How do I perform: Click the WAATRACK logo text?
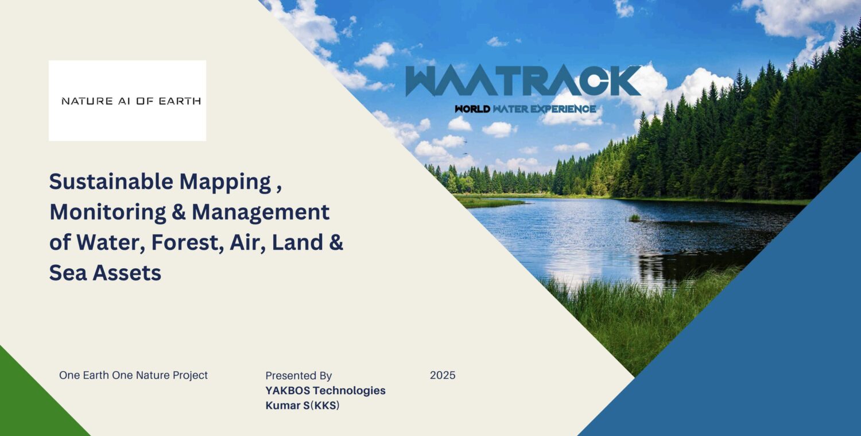pyautogui.click(x=523, y=81)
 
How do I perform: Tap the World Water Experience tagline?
pyautogui.click(x=525, y=109)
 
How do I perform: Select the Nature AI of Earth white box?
pyautogui.click(x=127, y=101)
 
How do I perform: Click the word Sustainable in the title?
pyautogui.click(x=111, y=182)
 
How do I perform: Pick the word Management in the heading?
pyautogui.click(x=261, y=212)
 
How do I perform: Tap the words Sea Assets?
pyautogui.click(x=105, y=273)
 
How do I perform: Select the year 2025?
pyautogui.click(x=443, y=375)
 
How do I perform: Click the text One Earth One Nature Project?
pyautogui.click(x=133, y=375)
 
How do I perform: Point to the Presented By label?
pyautogui.click(x=298, y=376)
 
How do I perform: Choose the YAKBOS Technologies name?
pyautogui.click(x=325, y=391)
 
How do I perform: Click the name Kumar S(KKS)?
pyautogui.click(x=302, y=406)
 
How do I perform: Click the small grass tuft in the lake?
pyautogui.click(x=634, y=218)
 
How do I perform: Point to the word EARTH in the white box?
pyautogui.click(x=180, y=101)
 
